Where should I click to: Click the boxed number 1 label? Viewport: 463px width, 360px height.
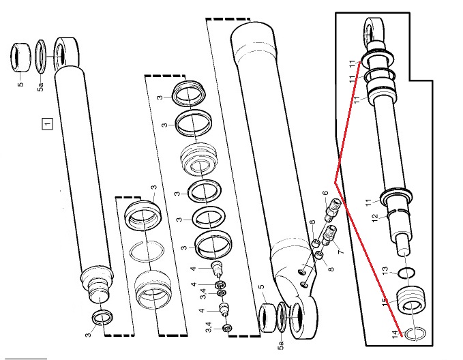(47, 123)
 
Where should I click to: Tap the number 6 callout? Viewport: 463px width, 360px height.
(325, 193)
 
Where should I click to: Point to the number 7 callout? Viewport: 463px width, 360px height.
(341, 252)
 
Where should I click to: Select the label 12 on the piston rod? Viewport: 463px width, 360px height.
(375, 218)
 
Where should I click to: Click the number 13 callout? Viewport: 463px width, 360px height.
(385, 271)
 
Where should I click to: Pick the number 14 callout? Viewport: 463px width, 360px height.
(395, 335)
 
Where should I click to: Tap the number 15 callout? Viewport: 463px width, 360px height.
(384, 302)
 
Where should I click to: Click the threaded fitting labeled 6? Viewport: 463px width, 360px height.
(332, 210)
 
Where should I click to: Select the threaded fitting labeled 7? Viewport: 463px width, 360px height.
(328, 235)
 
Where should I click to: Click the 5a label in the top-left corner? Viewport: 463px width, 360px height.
(40, 87)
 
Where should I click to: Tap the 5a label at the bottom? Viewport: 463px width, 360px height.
(281, 345)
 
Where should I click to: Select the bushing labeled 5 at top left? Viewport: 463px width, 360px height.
(20, 57)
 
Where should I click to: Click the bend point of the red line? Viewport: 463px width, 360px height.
(335, 183)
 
